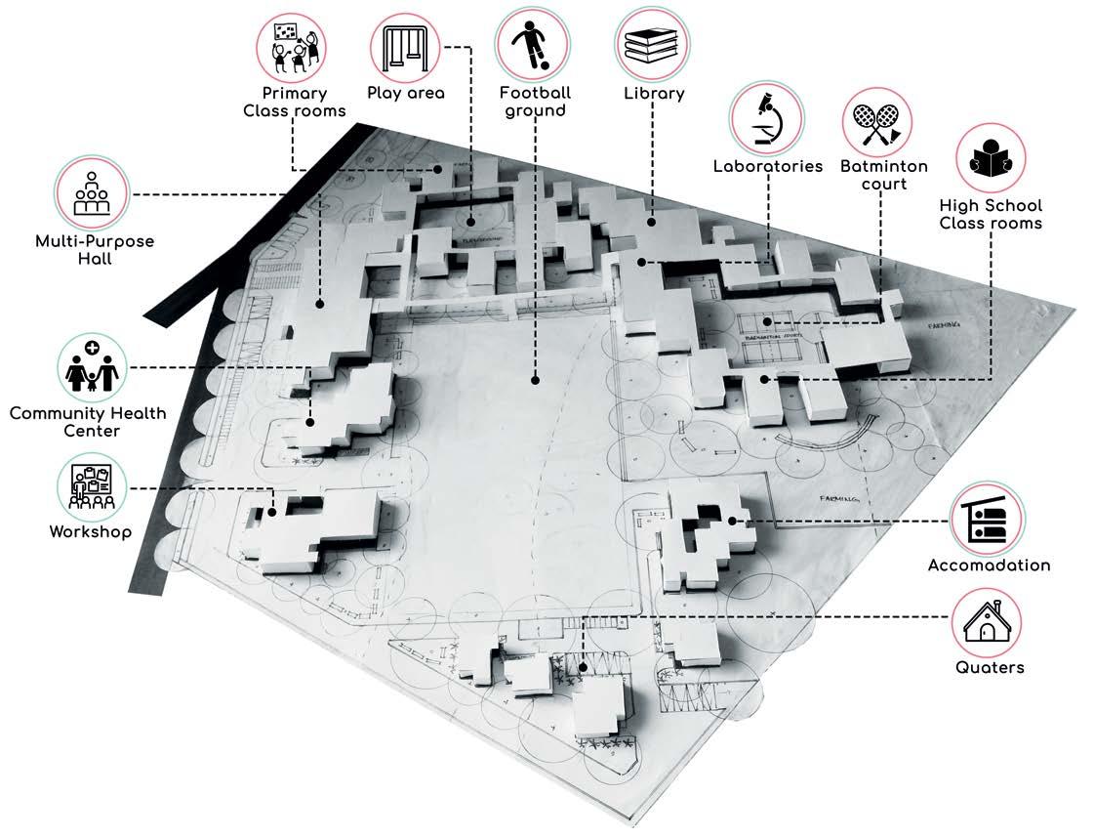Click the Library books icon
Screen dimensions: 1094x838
pos(651,45)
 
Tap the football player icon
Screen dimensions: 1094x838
pos(532,45)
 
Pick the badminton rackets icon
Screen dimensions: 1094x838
pos(877,122)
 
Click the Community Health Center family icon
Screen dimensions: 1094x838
pos(92,366)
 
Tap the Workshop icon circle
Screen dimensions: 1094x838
pos(92,488)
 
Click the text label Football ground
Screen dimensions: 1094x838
pos(535,102)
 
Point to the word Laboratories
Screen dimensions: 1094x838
pos(768,166)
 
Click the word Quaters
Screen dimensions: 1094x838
pos(989,668)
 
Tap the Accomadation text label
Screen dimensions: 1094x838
pos(989,566)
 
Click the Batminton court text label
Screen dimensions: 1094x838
pos(884,175)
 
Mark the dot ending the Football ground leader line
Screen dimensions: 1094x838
pos(535,379)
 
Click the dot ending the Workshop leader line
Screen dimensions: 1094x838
pos(273,509)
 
